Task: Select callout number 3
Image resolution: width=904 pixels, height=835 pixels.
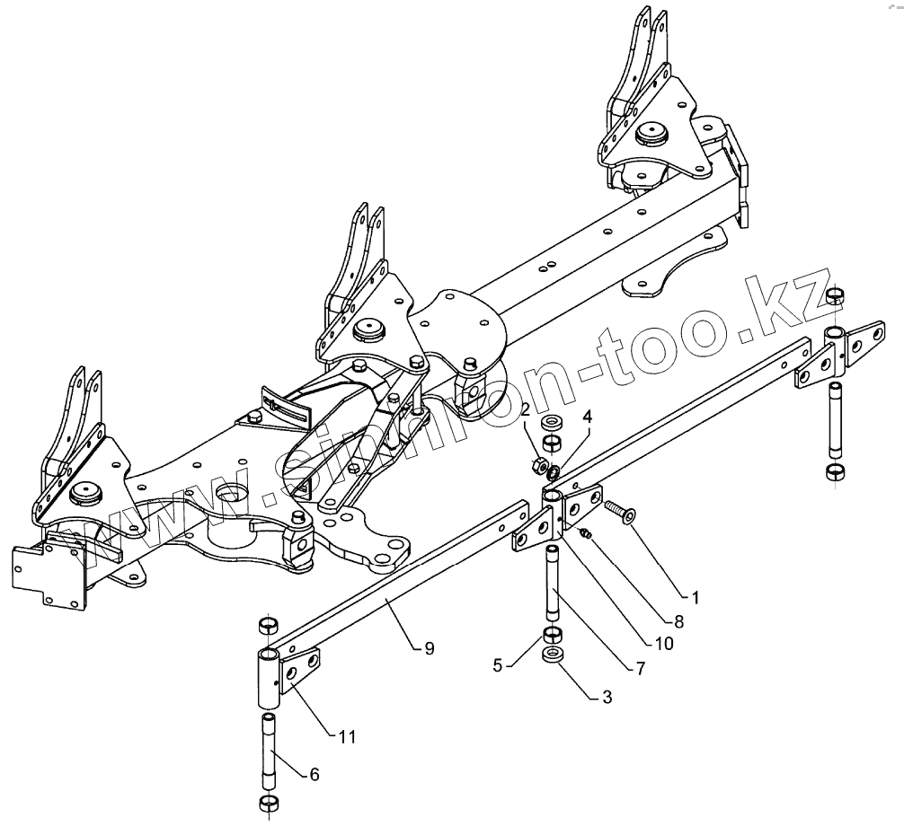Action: coord(607,697)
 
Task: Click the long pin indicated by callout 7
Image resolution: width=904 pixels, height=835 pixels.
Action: coord(553,584)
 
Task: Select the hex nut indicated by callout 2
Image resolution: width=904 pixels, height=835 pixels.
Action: coord(543,463)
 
